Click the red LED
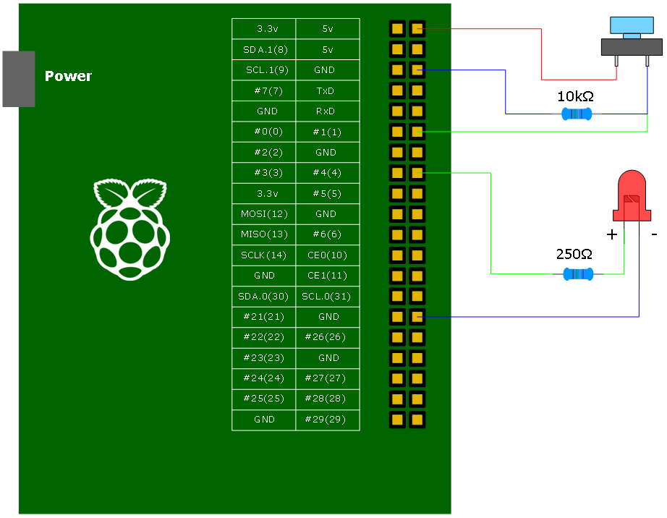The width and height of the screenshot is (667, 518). [x=632, y=195]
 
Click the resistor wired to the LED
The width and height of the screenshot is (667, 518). [x=578, y=273]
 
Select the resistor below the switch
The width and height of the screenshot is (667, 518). [x=577, y=114]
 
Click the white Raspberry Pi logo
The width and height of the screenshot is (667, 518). [x=130, y=229]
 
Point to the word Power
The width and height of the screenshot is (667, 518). [x=68, y=76]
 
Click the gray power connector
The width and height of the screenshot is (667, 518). [x=18, y=79]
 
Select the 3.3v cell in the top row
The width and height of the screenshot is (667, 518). [x=264, y=29]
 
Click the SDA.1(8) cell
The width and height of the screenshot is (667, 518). [x=264, y=49]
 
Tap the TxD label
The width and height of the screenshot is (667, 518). [x=327, y=91]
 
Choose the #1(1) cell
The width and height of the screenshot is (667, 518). [x=327, y=132]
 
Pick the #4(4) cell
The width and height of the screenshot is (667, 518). [x=327, y=173]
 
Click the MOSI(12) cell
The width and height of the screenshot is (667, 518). [x=264, y=214]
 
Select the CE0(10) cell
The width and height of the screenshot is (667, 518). [x=327, y=255]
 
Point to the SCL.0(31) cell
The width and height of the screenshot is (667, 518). [x=327, y=296]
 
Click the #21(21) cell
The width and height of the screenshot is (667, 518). [x=264, y=316]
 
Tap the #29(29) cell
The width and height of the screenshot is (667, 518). [x=327, y=419]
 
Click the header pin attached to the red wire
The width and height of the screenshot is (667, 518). [x=417, y=29]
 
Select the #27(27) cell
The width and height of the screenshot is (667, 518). [x=327, y=378]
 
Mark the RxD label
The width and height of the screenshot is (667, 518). [x=327, y=111]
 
